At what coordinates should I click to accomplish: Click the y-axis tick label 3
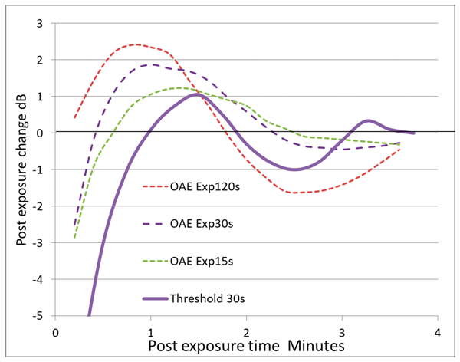(40, 23)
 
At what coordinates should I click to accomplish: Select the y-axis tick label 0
(40, 133)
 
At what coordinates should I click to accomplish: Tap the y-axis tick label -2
(38, 206)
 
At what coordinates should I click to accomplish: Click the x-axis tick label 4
(437, 333)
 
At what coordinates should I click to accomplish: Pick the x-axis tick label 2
(246, 333)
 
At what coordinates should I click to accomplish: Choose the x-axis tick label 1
(150, 333)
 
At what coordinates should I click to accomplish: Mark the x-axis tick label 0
(55, 333)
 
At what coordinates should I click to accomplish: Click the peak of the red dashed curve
(136, 44)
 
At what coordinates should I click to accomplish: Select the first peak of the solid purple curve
(197, 94)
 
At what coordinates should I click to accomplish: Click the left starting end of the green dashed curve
(74, 238)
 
